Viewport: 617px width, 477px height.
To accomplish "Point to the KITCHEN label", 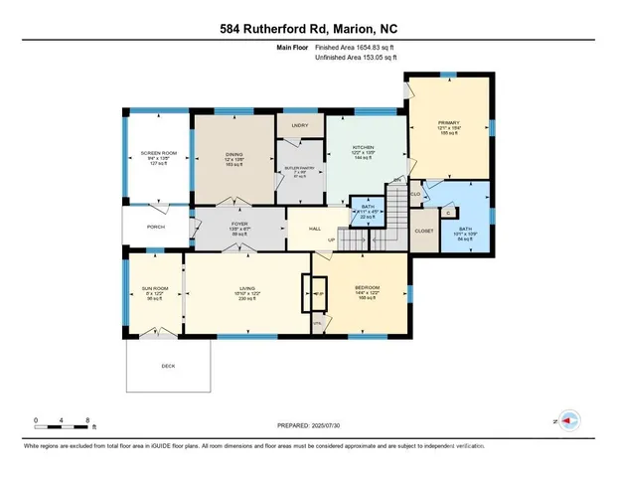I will (x=362, y=146).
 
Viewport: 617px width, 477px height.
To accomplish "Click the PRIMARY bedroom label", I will (x=449, y=123).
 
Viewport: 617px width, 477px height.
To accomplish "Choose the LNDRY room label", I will (x=299, y=125).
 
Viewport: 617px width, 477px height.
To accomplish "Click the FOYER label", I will (x=239, y=224).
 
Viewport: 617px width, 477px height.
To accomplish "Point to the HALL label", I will (x=314, y=229).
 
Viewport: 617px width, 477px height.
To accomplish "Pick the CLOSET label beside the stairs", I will (x=424, y=230).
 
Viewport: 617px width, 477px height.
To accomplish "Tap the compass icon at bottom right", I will (x=569, y=421).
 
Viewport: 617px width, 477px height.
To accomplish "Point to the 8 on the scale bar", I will (x=88, y=419).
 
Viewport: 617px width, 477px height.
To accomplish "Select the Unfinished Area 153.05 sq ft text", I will (x=356, y=58).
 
